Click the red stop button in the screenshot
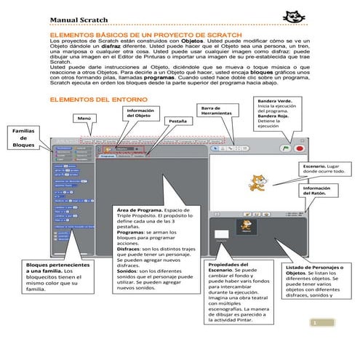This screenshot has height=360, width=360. click(x=298, y=148)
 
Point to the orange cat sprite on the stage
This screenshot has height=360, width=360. click(x=255, y=182)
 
